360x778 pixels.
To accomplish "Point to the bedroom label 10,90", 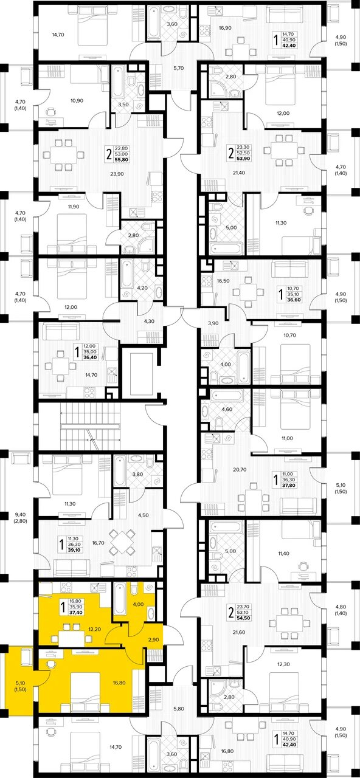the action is tap(77, 101).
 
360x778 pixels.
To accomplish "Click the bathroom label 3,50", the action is tap(123, 105).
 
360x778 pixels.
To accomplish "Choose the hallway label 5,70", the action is tap(178, 68).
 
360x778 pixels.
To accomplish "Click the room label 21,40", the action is tap(240, 172).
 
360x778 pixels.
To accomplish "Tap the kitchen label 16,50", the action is tap(223, 281).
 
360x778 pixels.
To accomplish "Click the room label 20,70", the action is tap(240, 469).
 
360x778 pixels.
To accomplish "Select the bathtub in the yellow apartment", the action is tap(120, 600).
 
